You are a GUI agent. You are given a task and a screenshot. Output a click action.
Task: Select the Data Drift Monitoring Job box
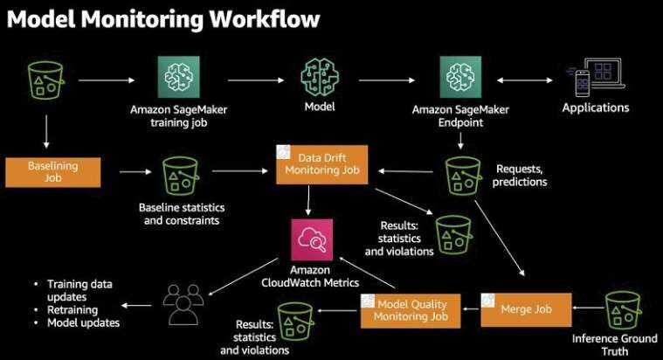pos(322,163)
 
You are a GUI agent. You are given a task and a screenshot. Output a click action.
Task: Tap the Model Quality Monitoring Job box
pos(410,310)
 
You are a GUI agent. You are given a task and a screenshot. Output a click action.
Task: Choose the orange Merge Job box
pos(527,309)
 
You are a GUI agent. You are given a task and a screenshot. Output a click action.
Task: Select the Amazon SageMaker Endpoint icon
pos(460,78)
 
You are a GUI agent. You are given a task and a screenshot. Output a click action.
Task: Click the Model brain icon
pos(319,78)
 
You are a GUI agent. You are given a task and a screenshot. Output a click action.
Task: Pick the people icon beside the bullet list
pos(183,304)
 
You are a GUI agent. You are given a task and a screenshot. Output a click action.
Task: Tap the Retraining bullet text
pos(73,309)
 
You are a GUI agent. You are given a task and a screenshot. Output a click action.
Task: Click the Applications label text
pos(595,108)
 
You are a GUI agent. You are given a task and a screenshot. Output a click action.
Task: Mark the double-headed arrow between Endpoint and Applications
pos(528,80)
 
